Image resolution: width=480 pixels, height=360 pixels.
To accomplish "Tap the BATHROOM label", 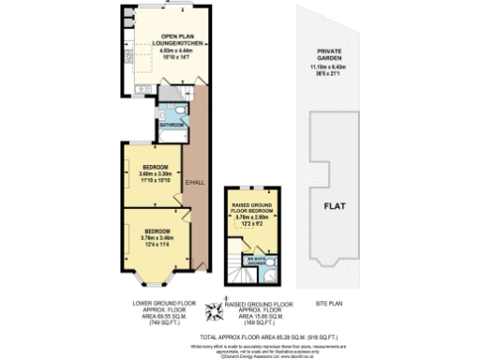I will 171,124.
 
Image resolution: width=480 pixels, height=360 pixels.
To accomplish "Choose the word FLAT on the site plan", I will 337,207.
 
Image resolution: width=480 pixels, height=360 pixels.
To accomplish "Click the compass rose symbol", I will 224,308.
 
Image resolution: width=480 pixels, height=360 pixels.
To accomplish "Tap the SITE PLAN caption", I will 330,304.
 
